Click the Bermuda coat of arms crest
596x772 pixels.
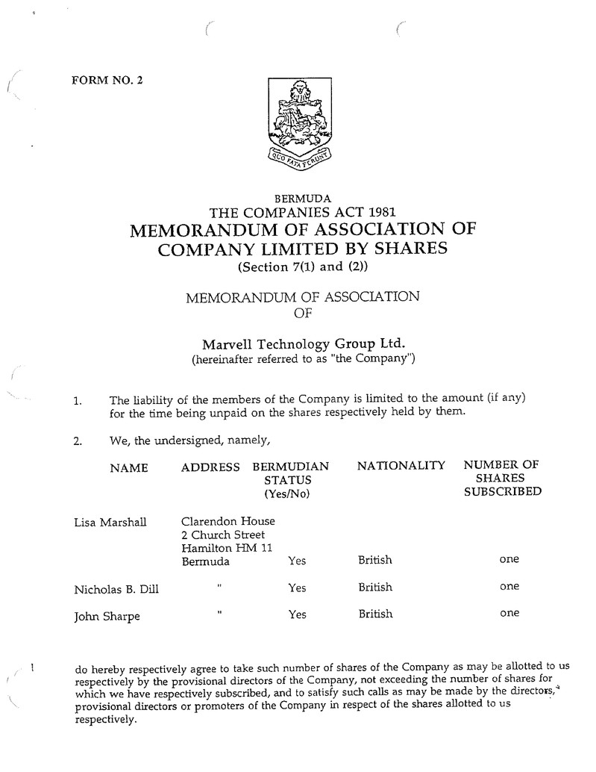[x=298, y=123]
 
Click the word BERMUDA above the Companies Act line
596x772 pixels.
[x=303, y=199]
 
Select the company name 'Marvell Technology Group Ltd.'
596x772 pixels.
[x=304, y=344]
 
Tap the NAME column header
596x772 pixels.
[x=128, y=468]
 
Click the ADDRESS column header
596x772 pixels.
[x=210, y=467]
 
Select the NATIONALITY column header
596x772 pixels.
[x=401, y=465]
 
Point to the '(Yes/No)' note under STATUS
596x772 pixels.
[x=286, y=494]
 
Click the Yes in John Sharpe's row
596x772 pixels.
[x=297, y=614]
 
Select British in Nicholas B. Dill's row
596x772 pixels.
[x=375, y=587]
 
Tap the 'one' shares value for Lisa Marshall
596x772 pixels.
[x=509, y=559]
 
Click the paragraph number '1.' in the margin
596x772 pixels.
[x=78, y=401]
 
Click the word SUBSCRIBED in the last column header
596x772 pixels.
[x=503, y=492]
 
